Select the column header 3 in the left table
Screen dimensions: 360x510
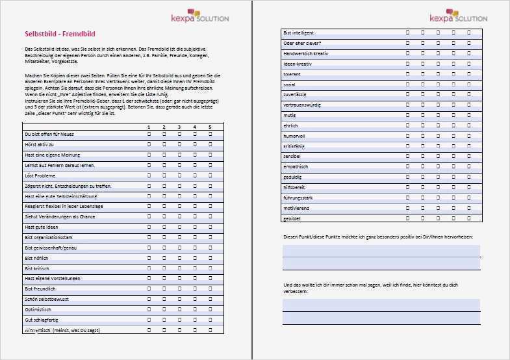tap(179, 127)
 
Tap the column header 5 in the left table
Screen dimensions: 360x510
tap(210, 127)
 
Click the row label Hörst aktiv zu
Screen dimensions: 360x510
tap(39, 144)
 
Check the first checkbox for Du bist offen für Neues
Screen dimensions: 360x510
tap(148, 133)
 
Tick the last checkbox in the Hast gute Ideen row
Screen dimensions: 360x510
tap(210, 227)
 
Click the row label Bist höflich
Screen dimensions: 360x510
tap(36, 258)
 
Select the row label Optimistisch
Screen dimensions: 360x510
tap(38, 310)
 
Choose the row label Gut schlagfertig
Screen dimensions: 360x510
tap(40, 320)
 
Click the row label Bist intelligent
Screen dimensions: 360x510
tap(298, 32)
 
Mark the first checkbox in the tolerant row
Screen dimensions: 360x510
tap(407, 73)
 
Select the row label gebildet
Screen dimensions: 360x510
tap(292, 219)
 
